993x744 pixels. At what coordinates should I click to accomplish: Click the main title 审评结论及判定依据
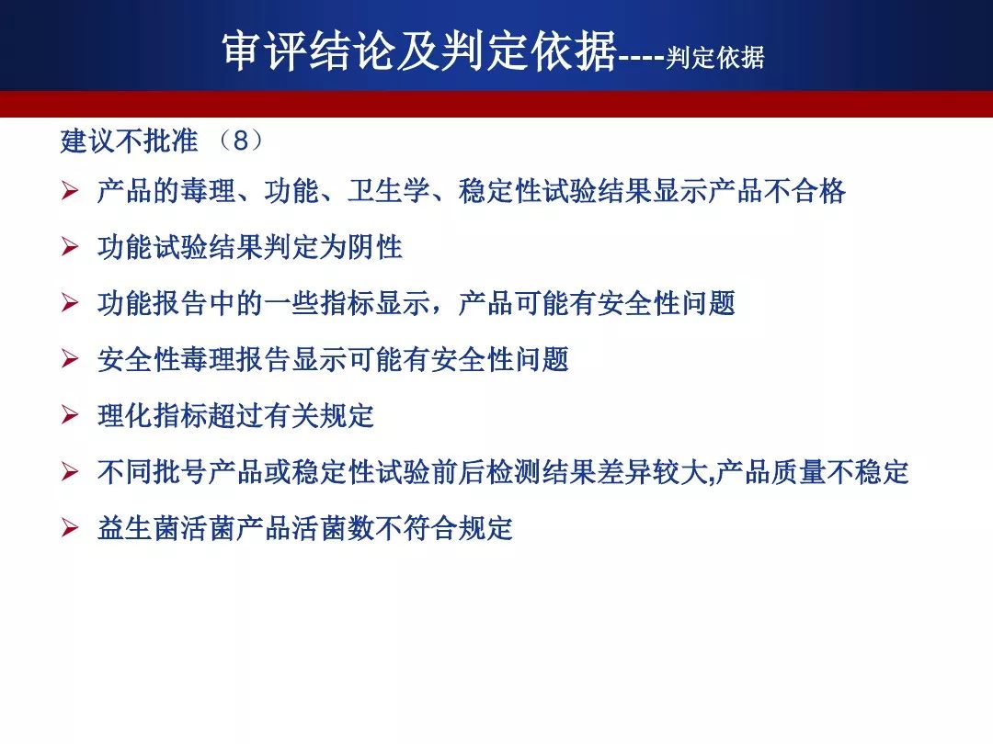[419, 50]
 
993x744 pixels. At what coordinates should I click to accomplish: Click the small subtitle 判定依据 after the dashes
[715, 58]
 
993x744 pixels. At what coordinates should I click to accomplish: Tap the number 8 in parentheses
[240, 141]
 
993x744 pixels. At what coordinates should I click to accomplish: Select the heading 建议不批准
[130, 141]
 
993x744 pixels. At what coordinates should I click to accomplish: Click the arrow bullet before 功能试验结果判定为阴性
[70, 247]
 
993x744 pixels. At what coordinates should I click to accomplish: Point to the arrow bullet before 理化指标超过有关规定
[70, 415]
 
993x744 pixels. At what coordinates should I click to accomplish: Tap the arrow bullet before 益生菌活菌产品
[70, 527]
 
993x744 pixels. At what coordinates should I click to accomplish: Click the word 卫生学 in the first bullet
[389, 191]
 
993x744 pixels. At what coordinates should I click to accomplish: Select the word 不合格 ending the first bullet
[805, 191]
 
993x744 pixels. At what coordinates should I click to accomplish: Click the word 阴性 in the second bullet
[375, 247]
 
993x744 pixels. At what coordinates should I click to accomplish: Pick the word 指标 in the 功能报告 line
[348, 303]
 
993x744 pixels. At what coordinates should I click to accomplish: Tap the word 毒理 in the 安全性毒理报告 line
[209, 359]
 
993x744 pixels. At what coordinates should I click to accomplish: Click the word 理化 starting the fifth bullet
[125, 416]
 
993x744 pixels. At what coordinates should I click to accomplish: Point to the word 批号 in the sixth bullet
[180, 472]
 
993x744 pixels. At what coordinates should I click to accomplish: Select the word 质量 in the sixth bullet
[799, 472]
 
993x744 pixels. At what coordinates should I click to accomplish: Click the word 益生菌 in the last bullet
[140, 528]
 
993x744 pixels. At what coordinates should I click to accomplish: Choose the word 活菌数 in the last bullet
[333, 528]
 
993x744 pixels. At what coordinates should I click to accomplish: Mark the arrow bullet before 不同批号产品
[70, 471]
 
